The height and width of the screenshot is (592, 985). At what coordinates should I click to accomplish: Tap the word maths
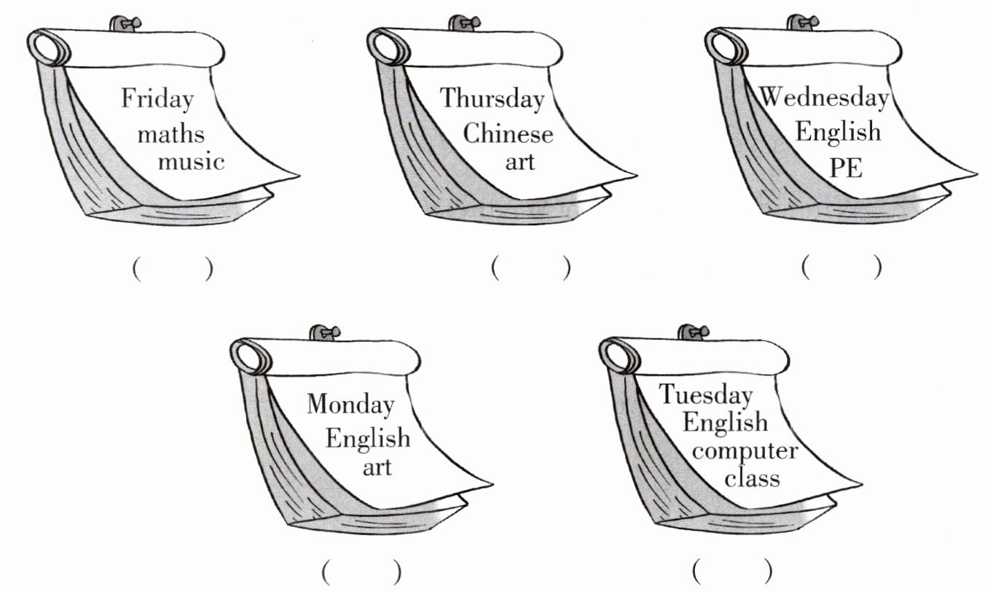coord(171,134)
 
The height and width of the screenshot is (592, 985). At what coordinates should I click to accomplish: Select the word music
coord(192,160)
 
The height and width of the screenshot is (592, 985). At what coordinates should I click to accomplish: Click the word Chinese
coord(508,134)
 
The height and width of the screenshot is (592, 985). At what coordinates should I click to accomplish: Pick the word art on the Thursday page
coord(520,160)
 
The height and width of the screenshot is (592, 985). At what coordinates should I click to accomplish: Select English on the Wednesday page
coord(838,133)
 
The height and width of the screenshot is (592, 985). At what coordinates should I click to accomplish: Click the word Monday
coord(350,404)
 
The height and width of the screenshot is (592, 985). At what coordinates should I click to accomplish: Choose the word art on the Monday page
coord(377,465)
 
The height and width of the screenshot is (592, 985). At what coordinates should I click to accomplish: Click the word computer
coord(745,451)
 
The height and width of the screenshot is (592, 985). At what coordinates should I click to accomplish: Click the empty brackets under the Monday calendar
coord(361,571)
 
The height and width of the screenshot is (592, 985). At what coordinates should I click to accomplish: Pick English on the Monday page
coord(368,439)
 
